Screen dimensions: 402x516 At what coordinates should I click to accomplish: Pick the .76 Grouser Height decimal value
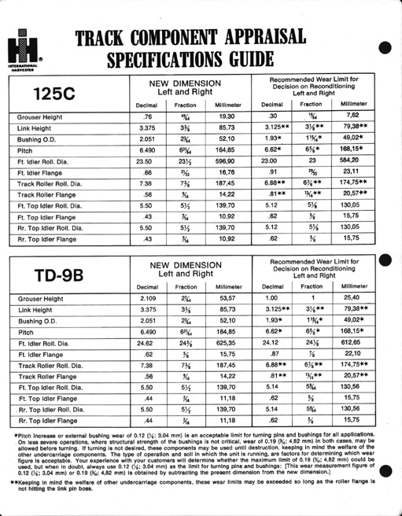146,116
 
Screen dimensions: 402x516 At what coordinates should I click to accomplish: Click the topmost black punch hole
386,46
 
